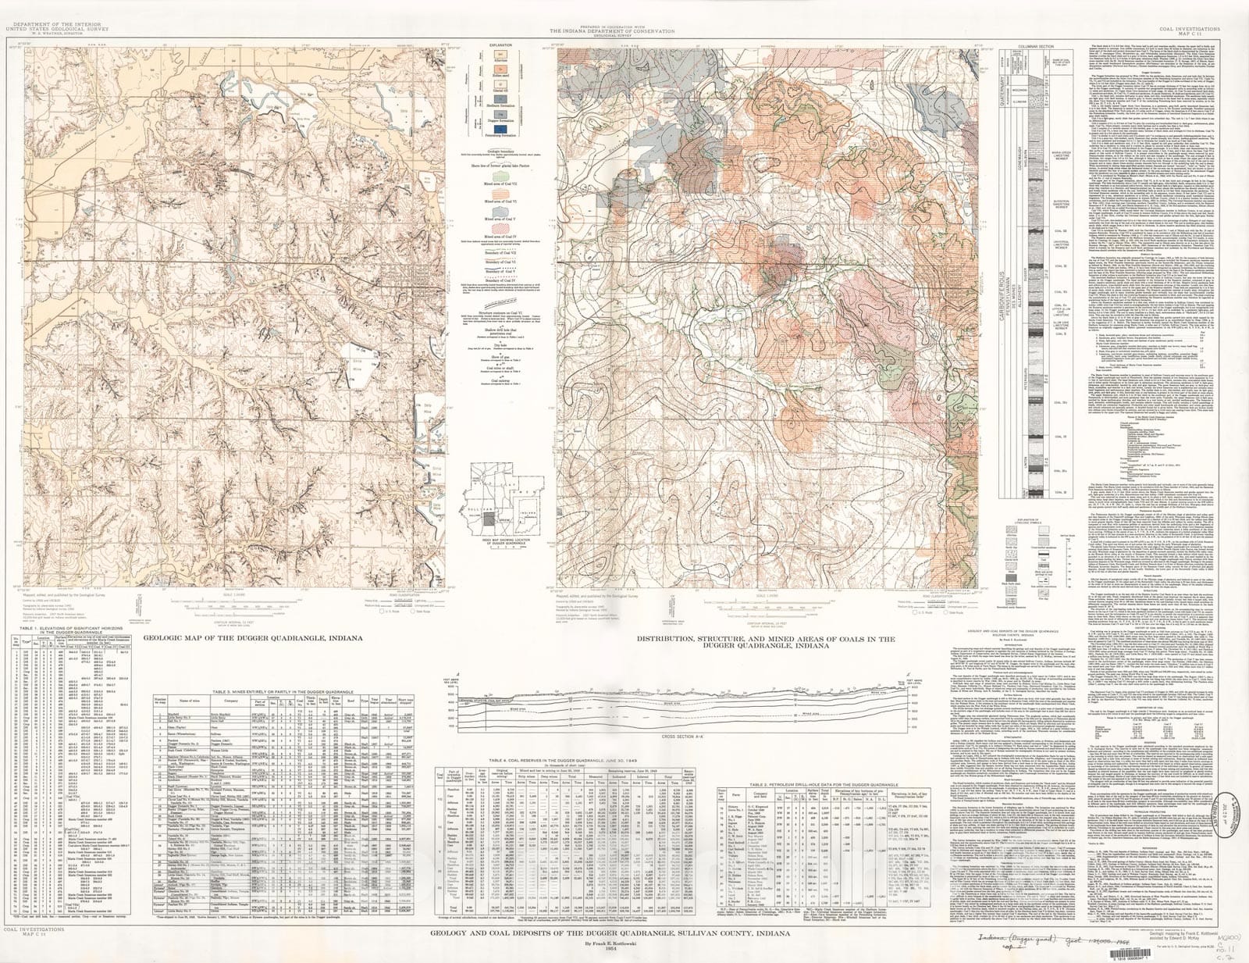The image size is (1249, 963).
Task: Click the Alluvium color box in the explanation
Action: point(500,54)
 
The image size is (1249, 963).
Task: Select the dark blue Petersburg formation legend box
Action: point(500,129)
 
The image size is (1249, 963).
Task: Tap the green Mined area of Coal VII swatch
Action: point(500,177)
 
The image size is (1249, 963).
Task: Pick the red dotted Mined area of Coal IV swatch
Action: point(500,228)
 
